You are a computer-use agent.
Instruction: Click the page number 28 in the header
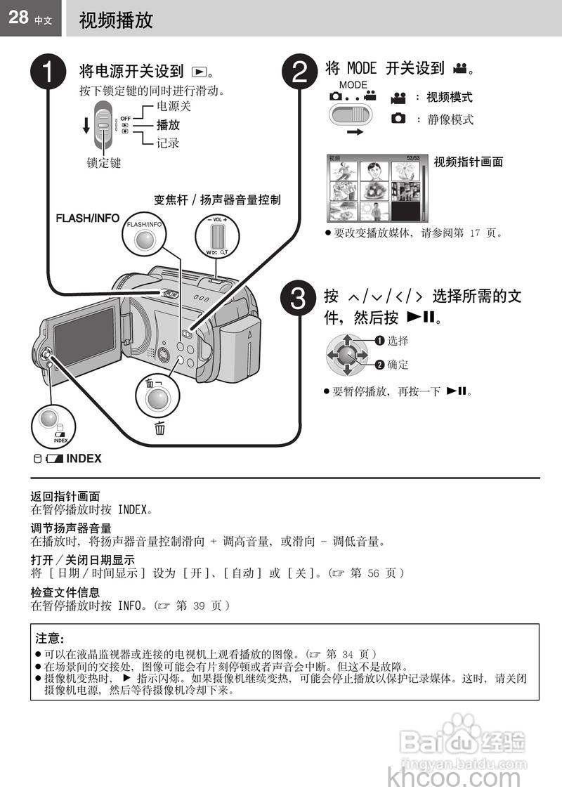click(18, 18)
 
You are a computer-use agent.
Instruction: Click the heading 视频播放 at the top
click(116, 20)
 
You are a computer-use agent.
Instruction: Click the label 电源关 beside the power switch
click(174, 107)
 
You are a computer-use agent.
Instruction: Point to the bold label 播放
click(168, 125)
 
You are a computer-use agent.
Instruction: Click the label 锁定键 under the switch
click(104, 163)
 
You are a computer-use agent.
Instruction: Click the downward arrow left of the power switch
click(86, 124)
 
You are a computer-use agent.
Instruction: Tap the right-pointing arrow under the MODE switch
click(355, 131)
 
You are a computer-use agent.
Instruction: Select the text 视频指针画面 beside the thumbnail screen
click(469, 162)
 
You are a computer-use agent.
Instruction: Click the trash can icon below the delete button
click(159, 428)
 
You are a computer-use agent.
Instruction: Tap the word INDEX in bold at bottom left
click(84, 459)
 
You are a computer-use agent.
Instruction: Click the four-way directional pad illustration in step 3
click(346, 353)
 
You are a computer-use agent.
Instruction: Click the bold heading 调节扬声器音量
click(71, 528)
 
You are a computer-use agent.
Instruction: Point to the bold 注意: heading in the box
click(50, 639)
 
